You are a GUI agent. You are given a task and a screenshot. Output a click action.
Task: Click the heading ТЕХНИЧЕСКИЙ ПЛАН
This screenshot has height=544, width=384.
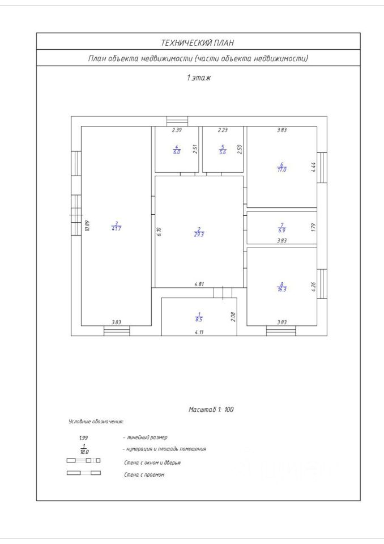[x=198, y=42]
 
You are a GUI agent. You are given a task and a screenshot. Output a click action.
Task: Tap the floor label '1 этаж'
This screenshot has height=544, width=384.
[x=198, y=78]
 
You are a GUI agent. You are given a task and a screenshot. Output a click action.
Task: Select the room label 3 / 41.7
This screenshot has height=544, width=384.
[x=116, y=226]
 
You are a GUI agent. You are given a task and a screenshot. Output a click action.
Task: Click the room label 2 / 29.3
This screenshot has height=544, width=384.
[x=199, y=231]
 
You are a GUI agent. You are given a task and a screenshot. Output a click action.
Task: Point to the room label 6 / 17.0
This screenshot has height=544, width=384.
[x=282, y=167]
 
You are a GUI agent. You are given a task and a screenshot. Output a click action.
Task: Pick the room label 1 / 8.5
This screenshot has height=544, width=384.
[x=199, y=317]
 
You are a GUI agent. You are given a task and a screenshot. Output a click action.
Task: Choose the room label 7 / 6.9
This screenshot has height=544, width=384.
[x=282, y=227]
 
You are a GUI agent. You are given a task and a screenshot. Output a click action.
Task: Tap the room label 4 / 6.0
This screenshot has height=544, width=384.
[x=177, y=150]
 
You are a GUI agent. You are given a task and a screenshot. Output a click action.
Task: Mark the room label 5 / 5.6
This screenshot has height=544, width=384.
[x=223, y=150]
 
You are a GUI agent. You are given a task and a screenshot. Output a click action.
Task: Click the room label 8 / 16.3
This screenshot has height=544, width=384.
[x=282, y=286]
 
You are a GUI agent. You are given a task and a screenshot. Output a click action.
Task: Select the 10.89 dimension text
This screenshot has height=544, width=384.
[x=87, y=226]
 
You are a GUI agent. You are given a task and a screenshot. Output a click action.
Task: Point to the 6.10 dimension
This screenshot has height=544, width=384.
[x=159, y=231]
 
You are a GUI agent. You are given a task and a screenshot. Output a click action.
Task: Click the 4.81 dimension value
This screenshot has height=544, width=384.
[x=199, y=284]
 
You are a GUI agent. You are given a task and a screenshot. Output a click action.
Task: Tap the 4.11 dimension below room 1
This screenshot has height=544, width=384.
[x=199, y=332]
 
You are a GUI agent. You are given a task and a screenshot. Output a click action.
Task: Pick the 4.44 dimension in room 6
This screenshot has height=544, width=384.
[x=313, y=167]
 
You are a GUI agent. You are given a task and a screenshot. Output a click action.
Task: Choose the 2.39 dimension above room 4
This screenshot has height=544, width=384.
[x=177, y=130]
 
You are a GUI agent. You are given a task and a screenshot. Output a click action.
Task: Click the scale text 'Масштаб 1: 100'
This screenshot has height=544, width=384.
[x=211, y=409]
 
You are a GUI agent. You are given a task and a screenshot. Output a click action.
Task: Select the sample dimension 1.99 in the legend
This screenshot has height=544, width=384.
[x=84, y=438]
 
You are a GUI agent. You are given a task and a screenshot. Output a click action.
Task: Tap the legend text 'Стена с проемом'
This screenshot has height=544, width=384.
[x=144, y=474]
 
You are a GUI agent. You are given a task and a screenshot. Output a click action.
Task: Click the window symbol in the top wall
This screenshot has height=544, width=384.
[x=177, y=121]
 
